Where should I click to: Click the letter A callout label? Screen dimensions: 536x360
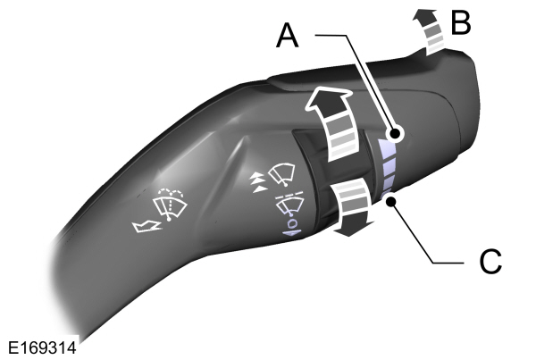[x=288, y=37]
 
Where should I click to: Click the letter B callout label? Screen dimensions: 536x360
[x=461, y=21]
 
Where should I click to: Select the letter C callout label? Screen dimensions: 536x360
[x=490, y=262]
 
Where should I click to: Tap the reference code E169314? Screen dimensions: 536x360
[x=42, y=348]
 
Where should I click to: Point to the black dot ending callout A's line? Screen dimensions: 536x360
[x=396, y=133]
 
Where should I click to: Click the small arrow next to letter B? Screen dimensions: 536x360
[x=428, y=30]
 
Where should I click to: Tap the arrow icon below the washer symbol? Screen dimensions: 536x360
[x=147, y=226]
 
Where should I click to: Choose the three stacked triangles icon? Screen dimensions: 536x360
[x=258, y=182]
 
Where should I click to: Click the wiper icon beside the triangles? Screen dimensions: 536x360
[x=282, y=173]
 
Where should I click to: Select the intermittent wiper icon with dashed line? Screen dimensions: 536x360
[x=289, y=204]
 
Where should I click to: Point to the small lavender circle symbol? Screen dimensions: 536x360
[x=293, y=224]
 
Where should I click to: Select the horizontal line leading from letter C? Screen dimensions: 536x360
[x=448, y=263]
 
